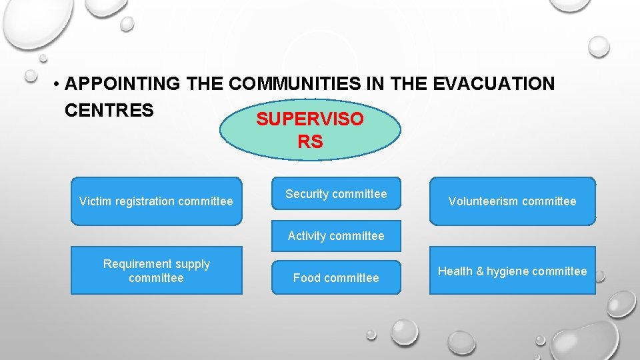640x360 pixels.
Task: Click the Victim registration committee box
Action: [x=156, y=201]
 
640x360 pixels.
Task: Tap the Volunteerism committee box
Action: [x=512, y=201]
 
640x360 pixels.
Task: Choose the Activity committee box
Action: [x=336, y=236]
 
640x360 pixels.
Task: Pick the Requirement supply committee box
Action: [x=156, y=271]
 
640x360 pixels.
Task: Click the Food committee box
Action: [x=336, y=277]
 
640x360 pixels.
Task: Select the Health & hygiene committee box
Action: [x=512, y=271]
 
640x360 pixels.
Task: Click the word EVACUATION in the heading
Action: [x=493, y=84]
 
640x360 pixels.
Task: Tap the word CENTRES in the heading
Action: [x=109, y=110]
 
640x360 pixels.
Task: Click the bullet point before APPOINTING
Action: [x=58, y=85]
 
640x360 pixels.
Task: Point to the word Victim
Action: [x=93, y=201]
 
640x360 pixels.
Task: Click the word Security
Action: [x=307, y=194]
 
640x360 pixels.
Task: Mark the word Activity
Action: [x=307, y=236]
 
